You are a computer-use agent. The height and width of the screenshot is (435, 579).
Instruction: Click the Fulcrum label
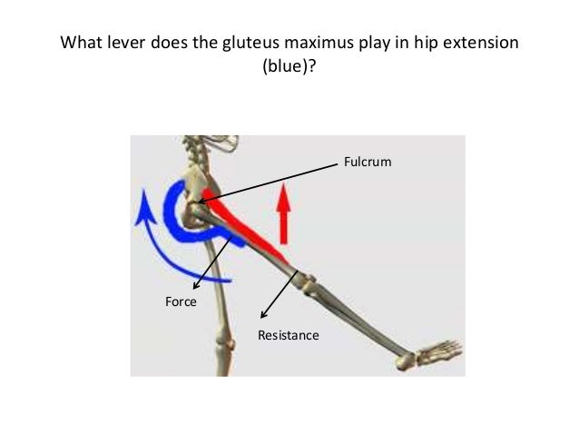point(364,163)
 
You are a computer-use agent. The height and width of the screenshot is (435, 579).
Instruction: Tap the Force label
point(180,302)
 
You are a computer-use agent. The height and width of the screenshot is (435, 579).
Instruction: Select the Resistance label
point(289,335)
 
